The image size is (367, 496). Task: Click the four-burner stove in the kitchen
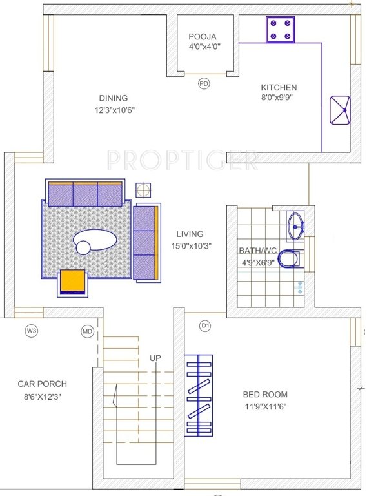281,30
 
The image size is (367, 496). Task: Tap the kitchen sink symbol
340,110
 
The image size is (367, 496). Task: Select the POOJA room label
202,37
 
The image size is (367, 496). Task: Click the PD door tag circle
204,83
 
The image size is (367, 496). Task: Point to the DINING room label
113,98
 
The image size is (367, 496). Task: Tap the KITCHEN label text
279,88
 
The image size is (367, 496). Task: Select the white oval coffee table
95,243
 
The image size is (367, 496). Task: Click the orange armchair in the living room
73,282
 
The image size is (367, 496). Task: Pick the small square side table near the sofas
143,190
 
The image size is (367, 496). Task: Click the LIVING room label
190,234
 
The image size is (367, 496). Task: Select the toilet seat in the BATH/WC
290,258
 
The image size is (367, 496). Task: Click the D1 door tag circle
205,326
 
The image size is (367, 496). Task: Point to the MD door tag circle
88,331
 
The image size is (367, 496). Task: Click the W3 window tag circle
31,331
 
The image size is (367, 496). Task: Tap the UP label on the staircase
155,358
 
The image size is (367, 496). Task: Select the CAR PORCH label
42,384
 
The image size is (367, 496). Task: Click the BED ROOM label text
265,394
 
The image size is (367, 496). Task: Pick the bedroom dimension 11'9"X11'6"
265,406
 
